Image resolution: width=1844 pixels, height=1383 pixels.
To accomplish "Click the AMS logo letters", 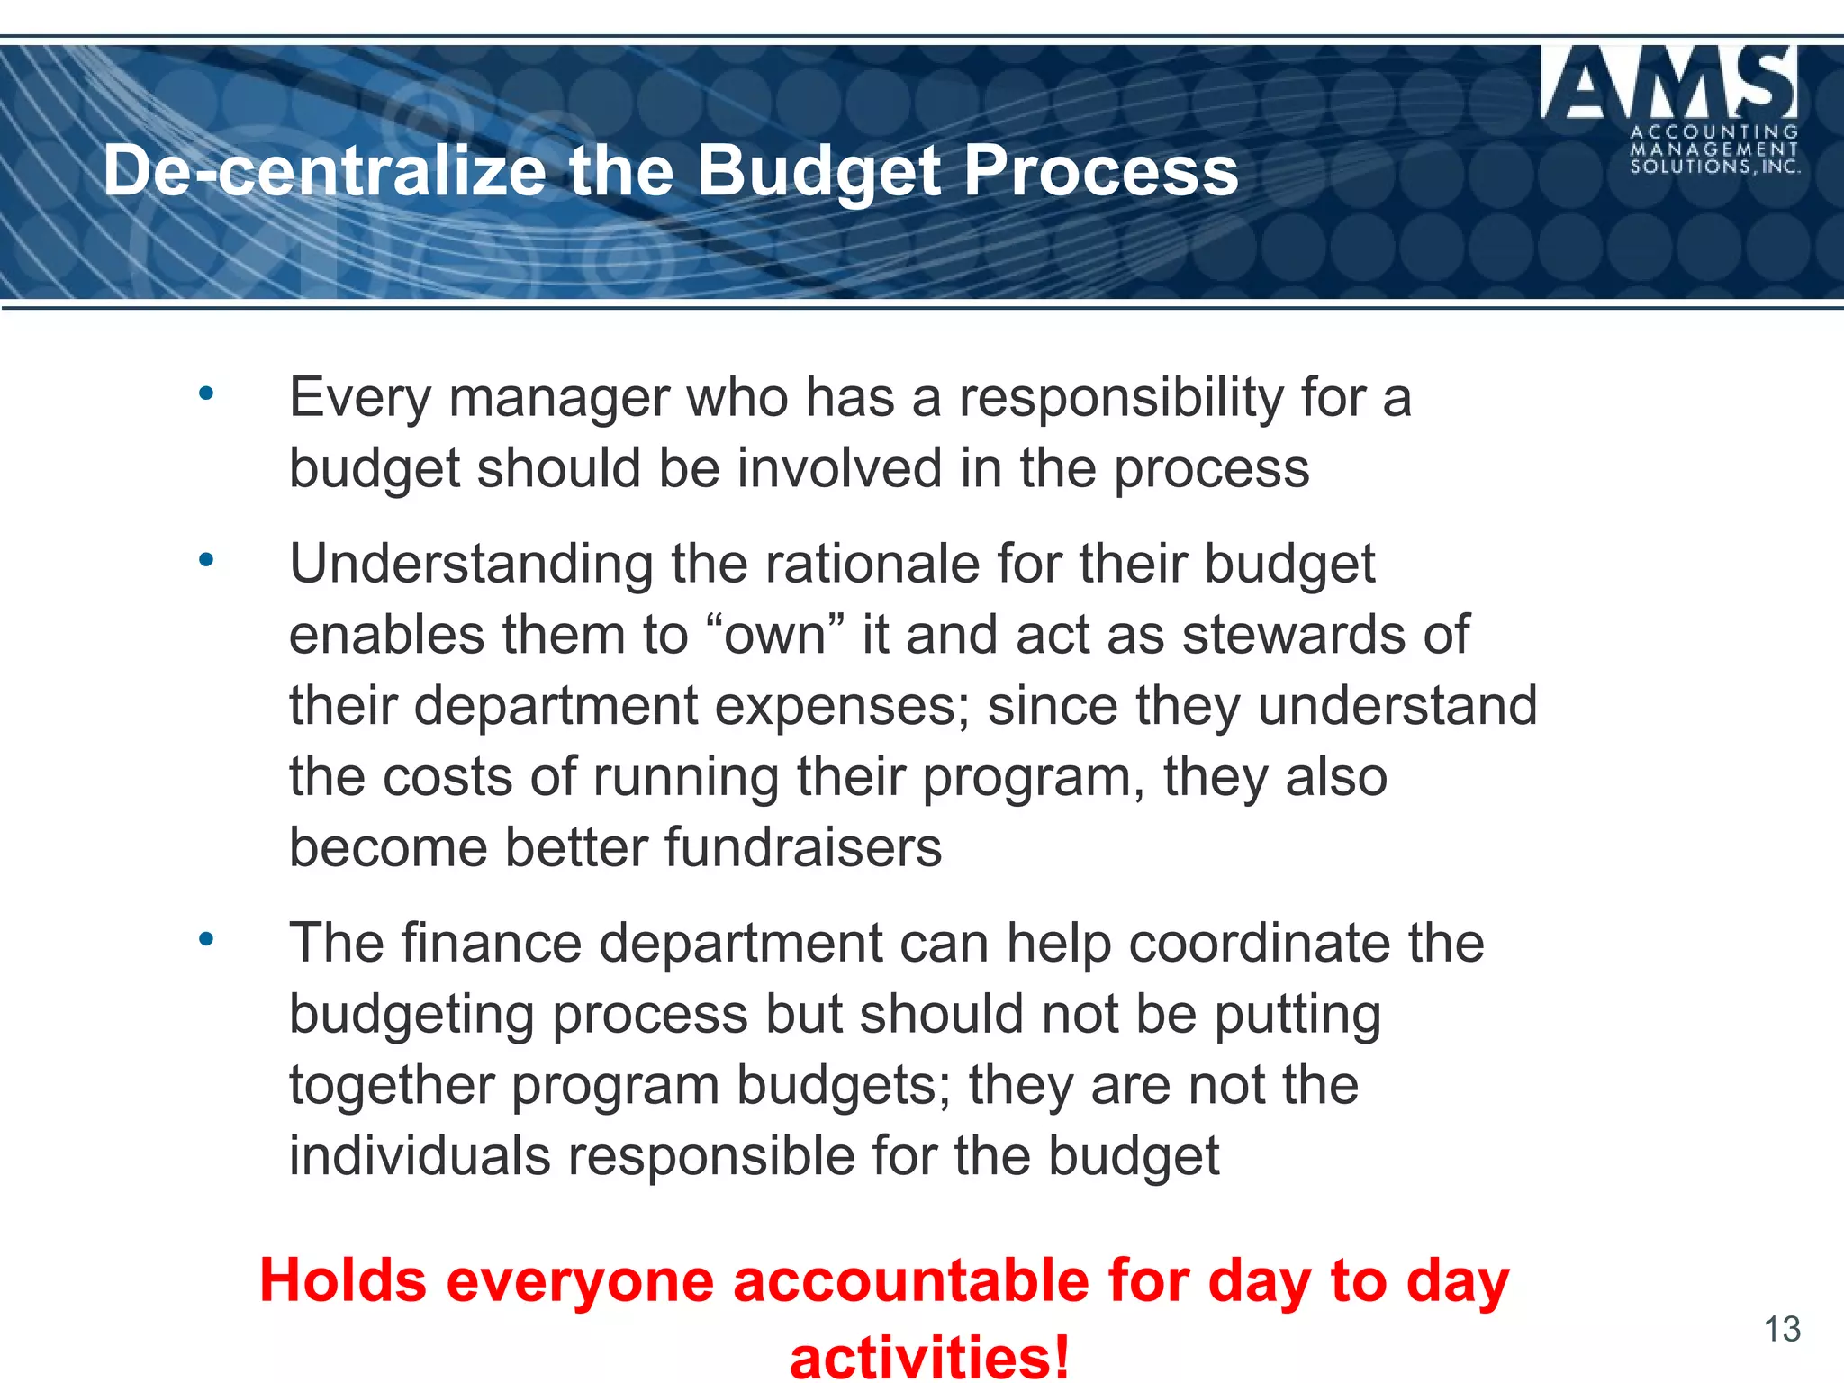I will coord(1670,83).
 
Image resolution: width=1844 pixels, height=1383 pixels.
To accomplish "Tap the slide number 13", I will coord(1781,1329).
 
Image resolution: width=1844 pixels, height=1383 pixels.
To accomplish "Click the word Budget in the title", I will coord(819,171).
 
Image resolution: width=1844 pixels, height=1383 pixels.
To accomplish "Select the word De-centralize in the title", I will coord(325,171).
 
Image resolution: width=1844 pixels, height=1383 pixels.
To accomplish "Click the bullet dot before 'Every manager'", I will coord(206,393).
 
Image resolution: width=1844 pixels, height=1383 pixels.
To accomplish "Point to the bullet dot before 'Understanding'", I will coord(206,560).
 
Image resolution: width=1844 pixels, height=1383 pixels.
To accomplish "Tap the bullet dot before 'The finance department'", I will coord(206,939).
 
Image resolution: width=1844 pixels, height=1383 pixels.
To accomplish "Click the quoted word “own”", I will coord(775,634).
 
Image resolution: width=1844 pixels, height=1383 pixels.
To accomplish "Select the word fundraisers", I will coord(803,847).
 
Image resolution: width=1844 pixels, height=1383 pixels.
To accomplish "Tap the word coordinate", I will coord(1305,943).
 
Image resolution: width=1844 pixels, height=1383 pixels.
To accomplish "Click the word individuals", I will coord(419,1155).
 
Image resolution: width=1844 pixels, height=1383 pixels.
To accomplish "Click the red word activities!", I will coord(930,1356).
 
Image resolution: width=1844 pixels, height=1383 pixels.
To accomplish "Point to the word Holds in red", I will coord(343,1280).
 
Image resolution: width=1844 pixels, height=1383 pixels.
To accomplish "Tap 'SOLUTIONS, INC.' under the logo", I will coord(1715,167).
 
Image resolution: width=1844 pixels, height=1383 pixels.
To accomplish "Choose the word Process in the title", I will coord(1101,171).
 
